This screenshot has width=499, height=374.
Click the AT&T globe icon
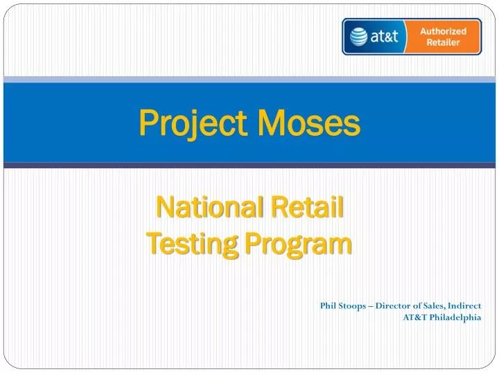click(x=359, y=36)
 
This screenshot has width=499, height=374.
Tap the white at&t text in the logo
click(x=385, y=37)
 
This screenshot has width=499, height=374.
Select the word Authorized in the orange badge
click(x=444, y=30)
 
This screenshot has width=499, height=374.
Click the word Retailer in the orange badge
click(x=444, y=42)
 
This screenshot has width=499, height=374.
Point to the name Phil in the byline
click(x=327, y=305)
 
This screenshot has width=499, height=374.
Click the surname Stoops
click(x=351, y=305)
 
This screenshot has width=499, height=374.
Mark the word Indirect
click(x=465, y=305)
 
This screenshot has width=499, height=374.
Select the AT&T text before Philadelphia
click(x=415, y=318)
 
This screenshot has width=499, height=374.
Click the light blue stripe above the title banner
click(x=249, y=80)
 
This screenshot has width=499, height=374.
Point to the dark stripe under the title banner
click(x=249, y=165)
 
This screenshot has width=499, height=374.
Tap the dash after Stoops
click(x=371, y=305)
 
